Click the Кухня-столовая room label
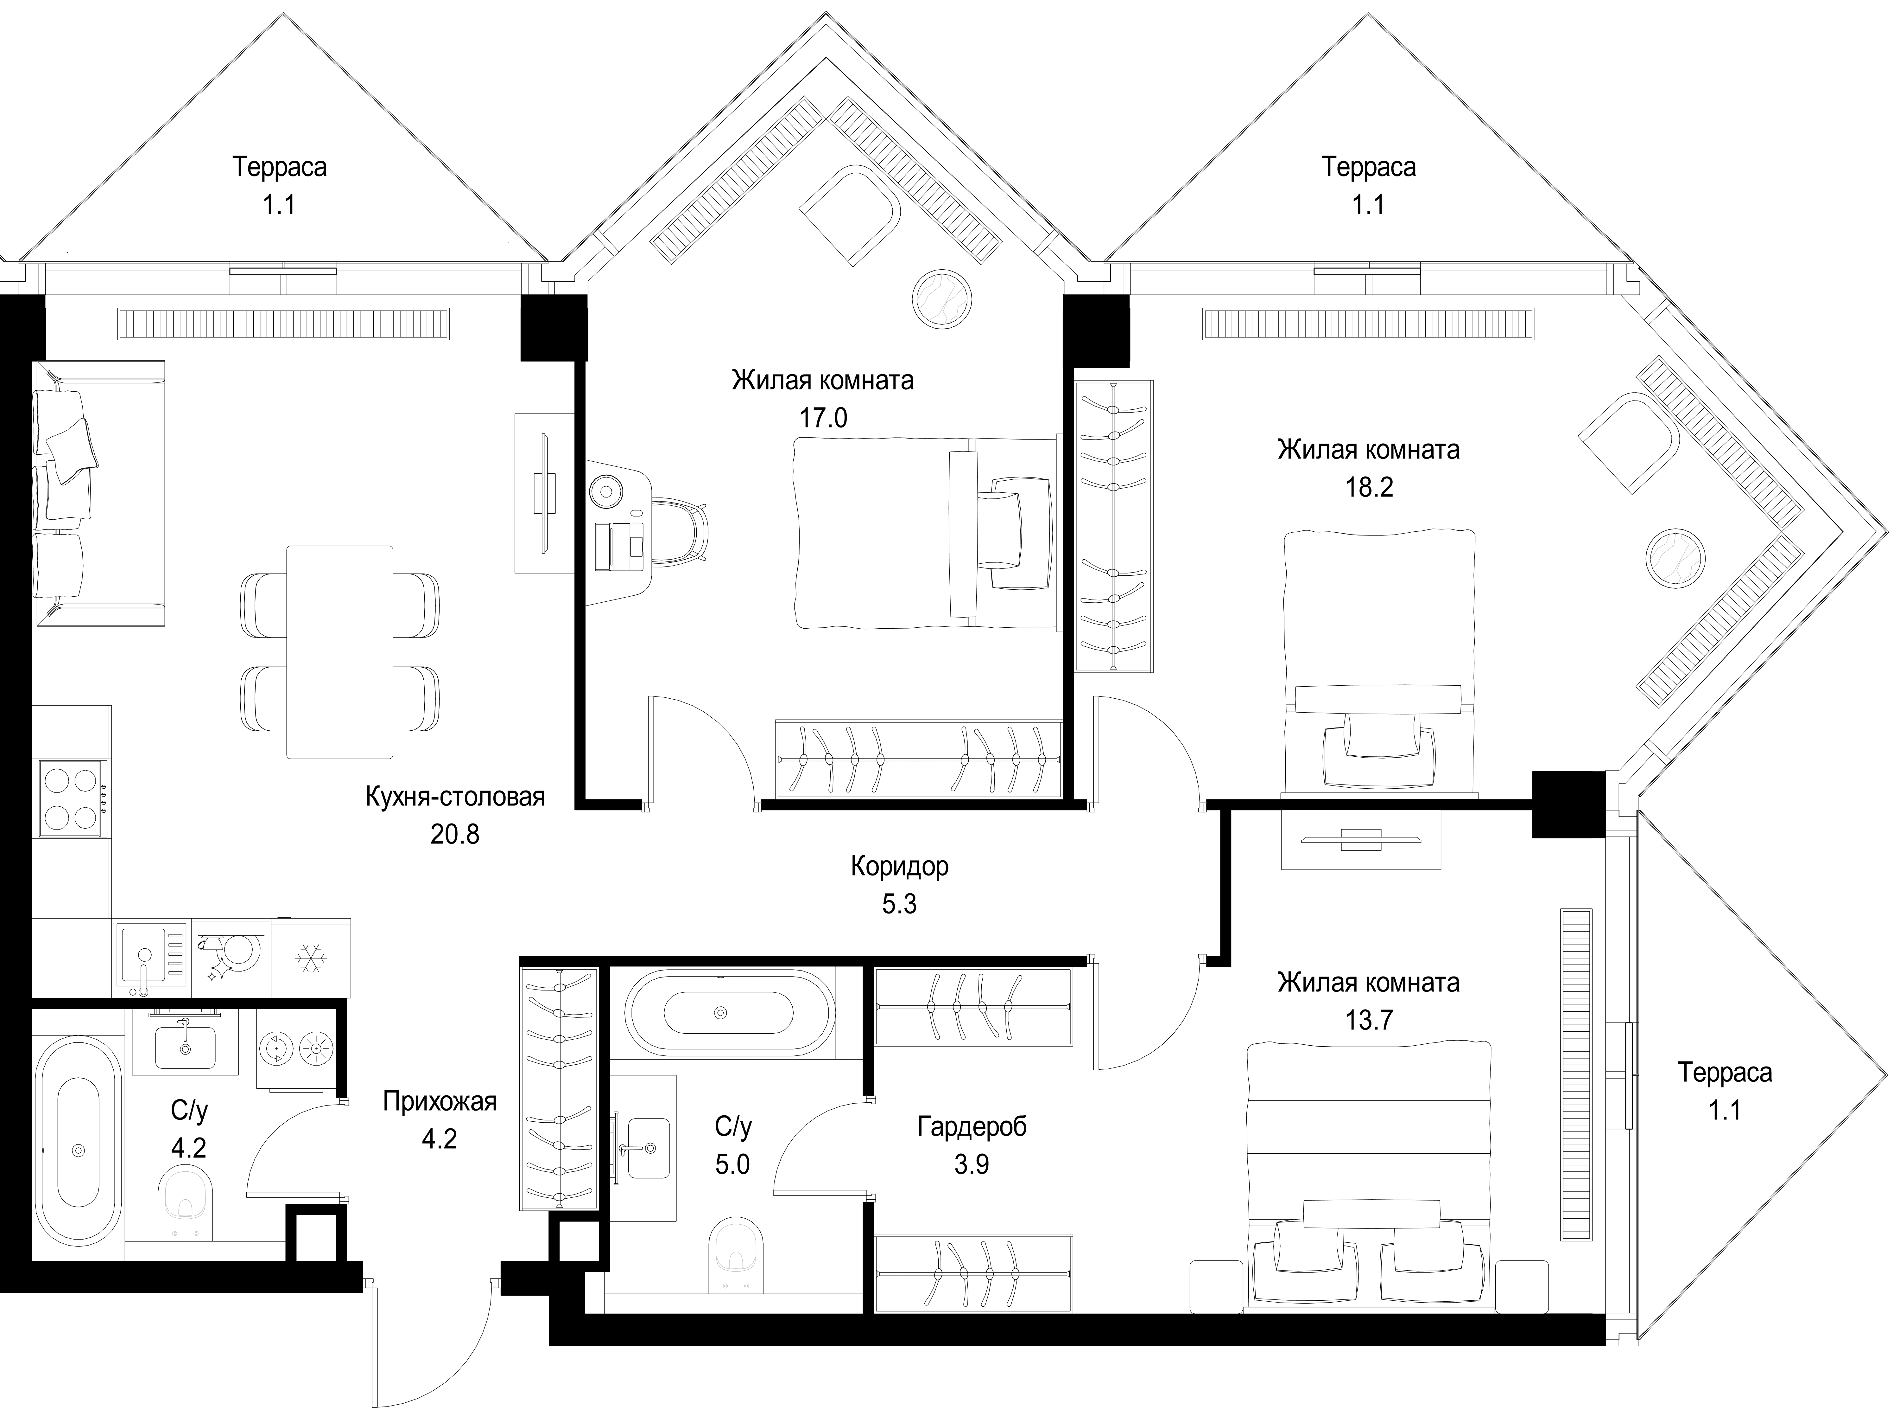[455, 797]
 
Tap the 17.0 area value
[823, 419]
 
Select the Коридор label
[899, 866]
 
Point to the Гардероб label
[972, 1126]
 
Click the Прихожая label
[440, 1102]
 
